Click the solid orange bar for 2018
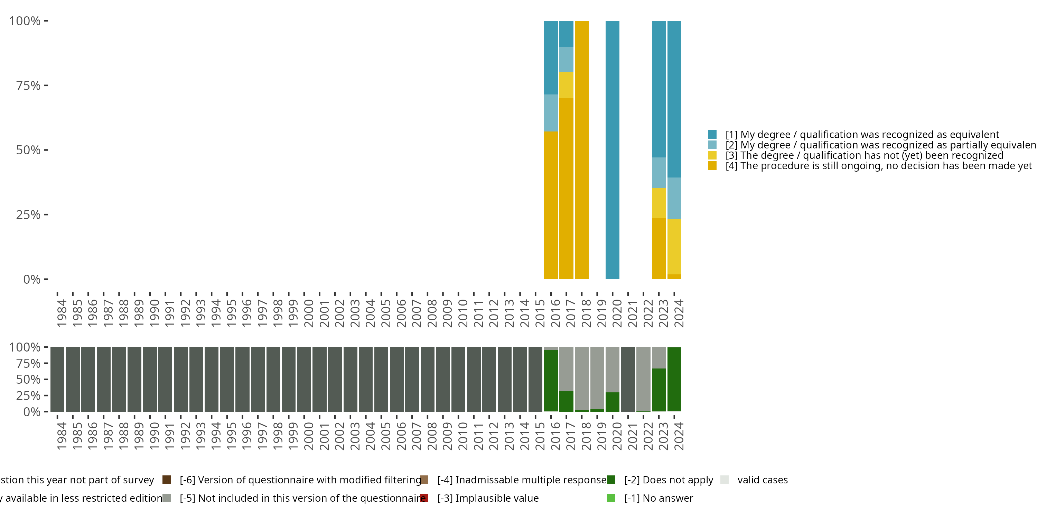(x=581, y=150)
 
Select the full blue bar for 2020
(x=612, y=150)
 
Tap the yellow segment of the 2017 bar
(x=566, y=85)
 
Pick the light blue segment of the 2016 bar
(x=551, y=113)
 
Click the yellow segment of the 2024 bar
(x=674, y=247)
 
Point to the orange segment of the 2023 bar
(x=658, y=249)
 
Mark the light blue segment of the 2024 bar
(x=674, y=198)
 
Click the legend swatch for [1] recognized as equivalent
(x=712, y=134)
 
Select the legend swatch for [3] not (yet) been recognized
(x=712, y=155)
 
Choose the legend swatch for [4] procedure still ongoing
(x=712, y=166)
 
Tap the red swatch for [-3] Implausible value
(x=424, y=498)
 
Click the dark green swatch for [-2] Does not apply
(x=611, y=480)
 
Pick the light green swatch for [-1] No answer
(x=611, y=498)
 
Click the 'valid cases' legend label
(x=763, y=480)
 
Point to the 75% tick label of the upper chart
(x=28, y=85)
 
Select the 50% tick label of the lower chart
(x=28, y=379)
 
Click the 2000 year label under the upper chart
(x=309, y=313)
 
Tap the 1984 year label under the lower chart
(x=62, y=436)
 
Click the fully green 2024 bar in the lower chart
(x=674, y=379)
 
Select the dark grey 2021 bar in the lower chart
(x=628, y=379)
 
